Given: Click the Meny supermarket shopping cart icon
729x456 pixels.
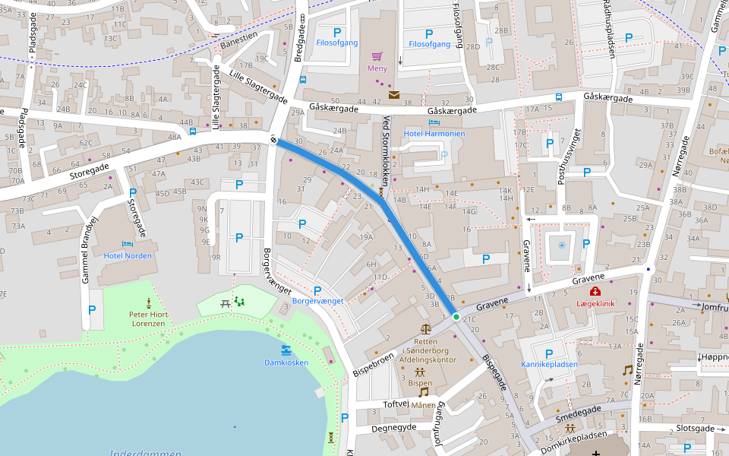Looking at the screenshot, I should [377, 55].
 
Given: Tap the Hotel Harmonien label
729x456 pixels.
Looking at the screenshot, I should [434, 134].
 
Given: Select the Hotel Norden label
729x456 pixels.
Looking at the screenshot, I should [128, 255].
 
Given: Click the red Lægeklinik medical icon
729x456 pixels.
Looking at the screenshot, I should [595, 292].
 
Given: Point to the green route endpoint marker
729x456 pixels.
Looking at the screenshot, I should [456, 316].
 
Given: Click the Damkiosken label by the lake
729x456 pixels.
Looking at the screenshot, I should [286, 363].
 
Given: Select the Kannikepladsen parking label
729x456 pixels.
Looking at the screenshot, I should [549, 364].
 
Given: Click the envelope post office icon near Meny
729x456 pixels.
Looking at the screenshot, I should [394, 95].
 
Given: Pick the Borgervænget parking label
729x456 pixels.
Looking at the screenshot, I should [317, 301].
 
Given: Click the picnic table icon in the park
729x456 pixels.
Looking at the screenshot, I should [226, 303].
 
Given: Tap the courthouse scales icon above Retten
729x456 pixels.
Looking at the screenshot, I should [424, 329].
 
